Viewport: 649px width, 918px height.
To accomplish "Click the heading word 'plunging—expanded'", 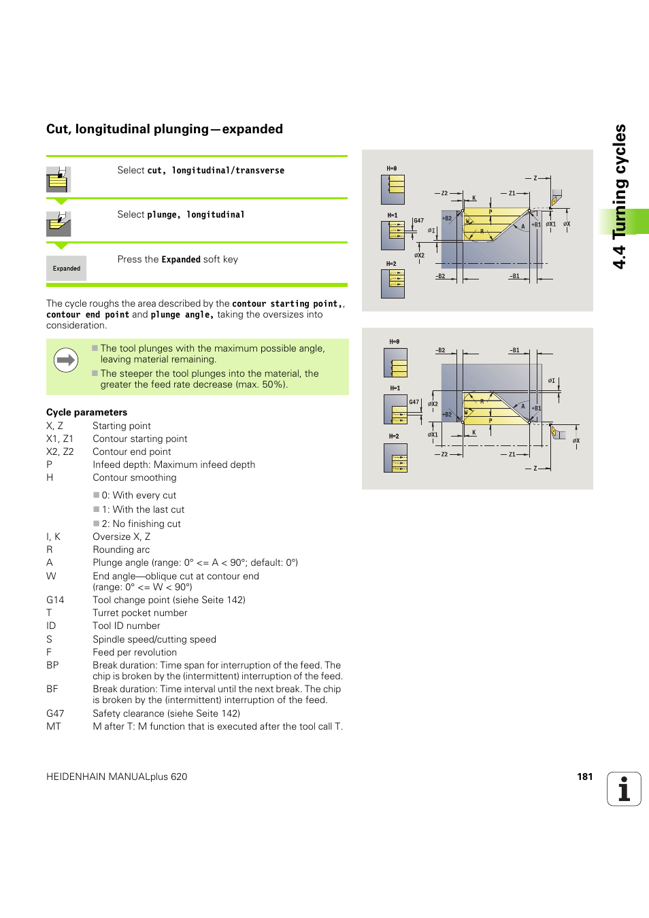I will (246, 129).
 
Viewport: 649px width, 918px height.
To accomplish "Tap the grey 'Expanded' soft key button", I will (67, 269).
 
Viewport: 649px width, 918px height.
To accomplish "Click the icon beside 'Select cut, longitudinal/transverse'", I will (59, 180).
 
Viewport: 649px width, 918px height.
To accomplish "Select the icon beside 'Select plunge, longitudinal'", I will (59, 224).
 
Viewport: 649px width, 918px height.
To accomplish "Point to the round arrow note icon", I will (66, 360).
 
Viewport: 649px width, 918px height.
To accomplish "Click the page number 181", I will (584, 777).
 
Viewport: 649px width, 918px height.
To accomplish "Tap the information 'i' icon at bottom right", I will (624, 789).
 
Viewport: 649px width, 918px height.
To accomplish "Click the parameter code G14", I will (55, 600).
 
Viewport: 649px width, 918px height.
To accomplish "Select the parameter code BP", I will (52, 665).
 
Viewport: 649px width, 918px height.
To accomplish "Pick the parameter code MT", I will (54, 726).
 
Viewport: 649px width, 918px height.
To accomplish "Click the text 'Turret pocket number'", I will (140, 613).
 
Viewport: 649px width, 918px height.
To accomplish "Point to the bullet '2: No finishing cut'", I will (141, 524).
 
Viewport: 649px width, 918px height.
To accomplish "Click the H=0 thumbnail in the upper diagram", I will (393, 189).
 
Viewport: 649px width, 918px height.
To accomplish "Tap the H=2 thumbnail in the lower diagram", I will (395, 458).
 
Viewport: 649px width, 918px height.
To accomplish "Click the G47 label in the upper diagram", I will (418, 220).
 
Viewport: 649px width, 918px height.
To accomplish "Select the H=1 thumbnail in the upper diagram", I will (393, 235).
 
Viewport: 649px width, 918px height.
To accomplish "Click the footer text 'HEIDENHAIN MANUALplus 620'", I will (116, 777).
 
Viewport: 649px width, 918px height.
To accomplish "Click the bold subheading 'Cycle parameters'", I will (86, 412).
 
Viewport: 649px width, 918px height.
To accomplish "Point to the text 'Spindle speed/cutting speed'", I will (154, 639).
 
